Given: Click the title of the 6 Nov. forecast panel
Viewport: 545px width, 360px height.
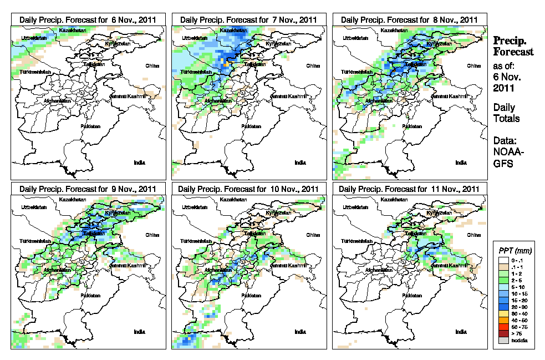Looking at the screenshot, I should point(88,19).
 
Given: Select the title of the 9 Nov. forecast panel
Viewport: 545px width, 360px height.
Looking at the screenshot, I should point(88,189).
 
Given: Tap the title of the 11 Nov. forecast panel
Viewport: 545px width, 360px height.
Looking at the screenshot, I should point(410,189).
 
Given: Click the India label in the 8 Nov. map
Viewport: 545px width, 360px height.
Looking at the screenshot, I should point(461,163).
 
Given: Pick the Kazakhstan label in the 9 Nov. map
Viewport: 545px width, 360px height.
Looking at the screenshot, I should point(70,199).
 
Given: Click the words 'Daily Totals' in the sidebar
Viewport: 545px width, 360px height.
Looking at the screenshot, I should point(506,113).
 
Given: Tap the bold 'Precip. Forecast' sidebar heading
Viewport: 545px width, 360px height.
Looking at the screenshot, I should point(513,46).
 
